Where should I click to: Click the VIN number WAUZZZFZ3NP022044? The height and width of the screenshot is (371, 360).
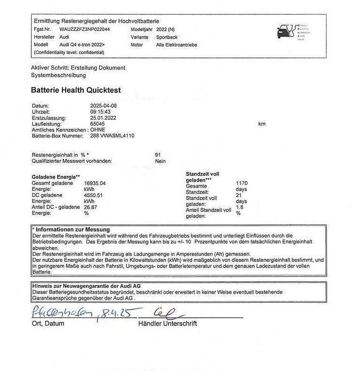85,29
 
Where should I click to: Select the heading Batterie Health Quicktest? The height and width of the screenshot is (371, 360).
76,90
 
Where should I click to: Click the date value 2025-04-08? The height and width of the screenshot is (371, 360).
103,105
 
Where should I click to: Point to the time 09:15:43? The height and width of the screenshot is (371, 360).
100,112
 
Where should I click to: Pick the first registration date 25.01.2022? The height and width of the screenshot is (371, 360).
103,117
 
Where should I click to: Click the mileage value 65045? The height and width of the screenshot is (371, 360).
98,124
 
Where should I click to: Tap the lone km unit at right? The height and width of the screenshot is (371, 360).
262,124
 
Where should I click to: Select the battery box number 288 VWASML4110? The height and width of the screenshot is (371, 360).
112,136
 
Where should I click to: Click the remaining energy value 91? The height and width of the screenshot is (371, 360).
158,155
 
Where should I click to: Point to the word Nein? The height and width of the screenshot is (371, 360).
160,161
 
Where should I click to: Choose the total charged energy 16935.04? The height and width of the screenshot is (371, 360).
95,184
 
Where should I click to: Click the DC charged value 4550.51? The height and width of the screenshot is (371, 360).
93,195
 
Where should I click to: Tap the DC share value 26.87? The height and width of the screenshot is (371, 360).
91,207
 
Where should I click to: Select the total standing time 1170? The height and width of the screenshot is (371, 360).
242,184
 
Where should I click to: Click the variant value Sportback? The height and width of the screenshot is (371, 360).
168,37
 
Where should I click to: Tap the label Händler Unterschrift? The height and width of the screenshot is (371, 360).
167,324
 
